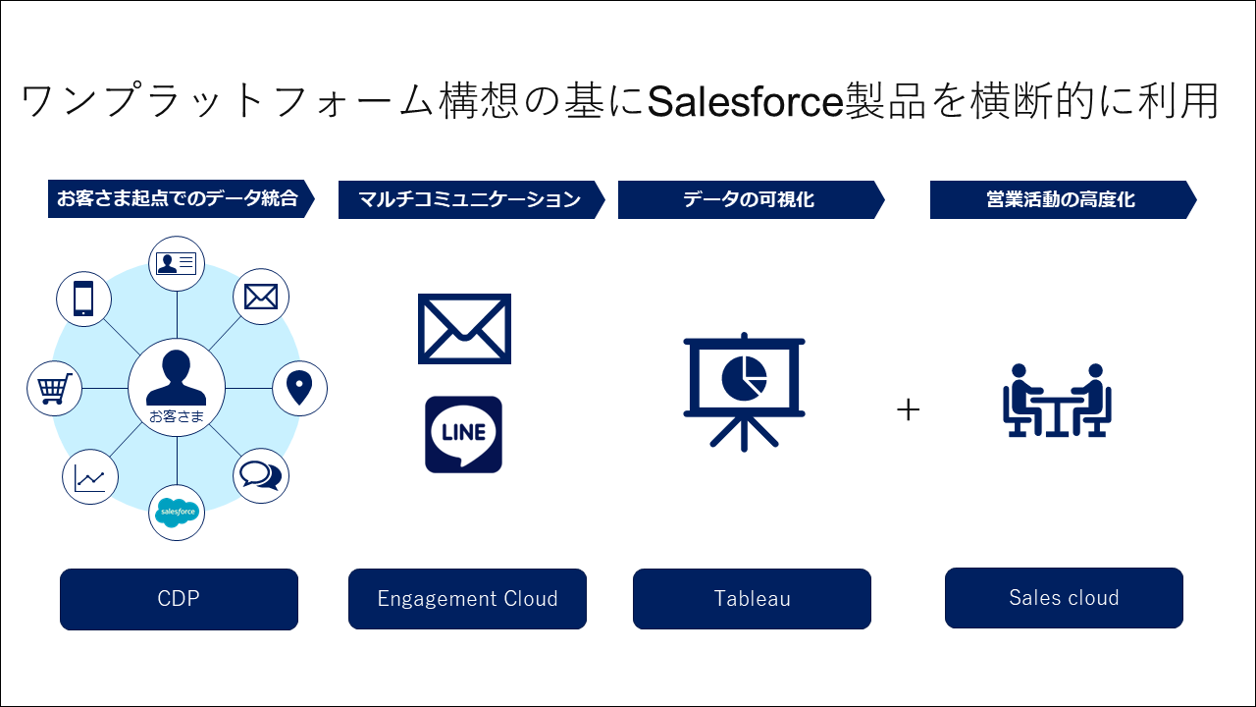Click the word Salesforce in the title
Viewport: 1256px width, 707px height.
pos(746,101)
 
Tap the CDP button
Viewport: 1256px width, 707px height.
pos(179,599)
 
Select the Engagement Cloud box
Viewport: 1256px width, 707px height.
pos(467,599)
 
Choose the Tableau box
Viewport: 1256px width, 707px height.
pos(752,599)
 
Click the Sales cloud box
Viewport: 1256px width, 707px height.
pos(1064,598)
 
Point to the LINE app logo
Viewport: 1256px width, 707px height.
pos(463,434)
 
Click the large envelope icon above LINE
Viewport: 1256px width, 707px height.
pos(464,329)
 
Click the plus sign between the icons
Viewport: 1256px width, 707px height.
pos(909,410)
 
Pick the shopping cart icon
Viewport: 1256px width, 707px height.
pos(54,388)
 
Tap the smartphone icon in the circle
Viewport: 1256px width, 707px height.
pos(83,299)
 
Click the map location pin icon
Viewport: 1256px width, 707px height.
pos(299,388)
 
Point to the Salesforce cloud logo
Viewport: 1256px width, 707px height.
pos(178,512)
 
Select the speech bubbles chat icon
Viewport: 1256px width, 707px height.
pos(260,476)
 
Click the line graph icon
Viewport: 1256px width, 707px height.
pos(89,478)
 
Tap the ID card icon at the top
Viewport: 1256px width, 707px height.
pos(177,262)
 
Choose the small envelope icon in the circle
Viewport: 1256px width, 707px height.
pos(261,297)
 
